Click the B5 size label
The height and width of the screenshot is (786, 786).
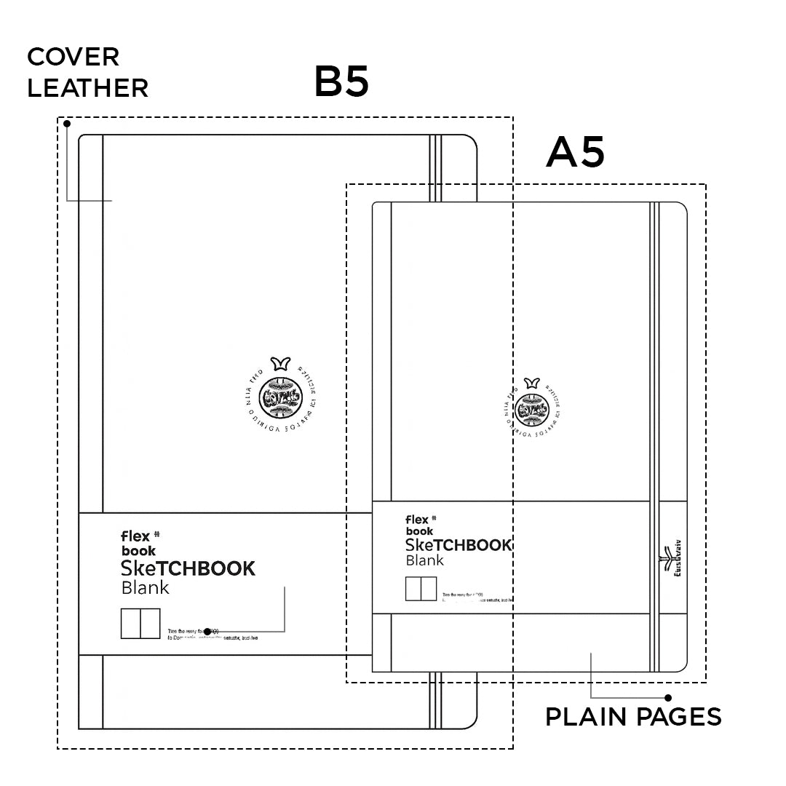pyautogui.click(x=341, y=82)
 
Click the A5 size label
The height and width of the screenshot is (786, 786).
pyautogui.click(x=575, y=152)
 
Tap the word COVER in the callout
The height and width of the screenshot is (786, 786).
pyautogui.click(x=73, y=56)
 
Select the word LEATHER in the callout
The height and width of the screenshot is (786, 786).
pyautogui.click(x=87, y=88)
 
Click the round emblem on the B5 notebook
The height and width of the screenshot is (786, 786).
pyautogui.click(x=282, y=397)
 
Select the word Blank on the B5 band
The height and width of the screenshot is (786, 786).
pyautogui.click(x=145, y=587)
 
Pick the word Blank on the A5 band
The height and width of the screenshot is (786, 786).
pyautogui.click(x=424, y=560)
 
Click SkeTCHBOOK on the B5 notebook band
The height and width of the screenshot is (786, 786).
pyautogui.click(x=188, y=568)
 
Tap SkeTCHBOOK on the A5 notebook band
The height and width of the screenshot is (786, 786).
pyautogui.click(x=458, y=545)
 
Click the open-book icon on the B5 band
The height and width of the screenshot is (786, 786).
pyautogui.click(x=140, y=624)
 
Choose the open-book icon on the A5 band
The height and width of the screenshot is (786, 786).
pyautogui.click(x=421, y=589)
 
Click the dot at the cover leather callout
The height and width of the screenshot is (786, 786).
pyautogui.click(x=66, y=124)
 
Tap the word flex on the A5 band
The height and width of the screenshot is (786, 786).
pyautogui.click(x=417, y=520)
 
